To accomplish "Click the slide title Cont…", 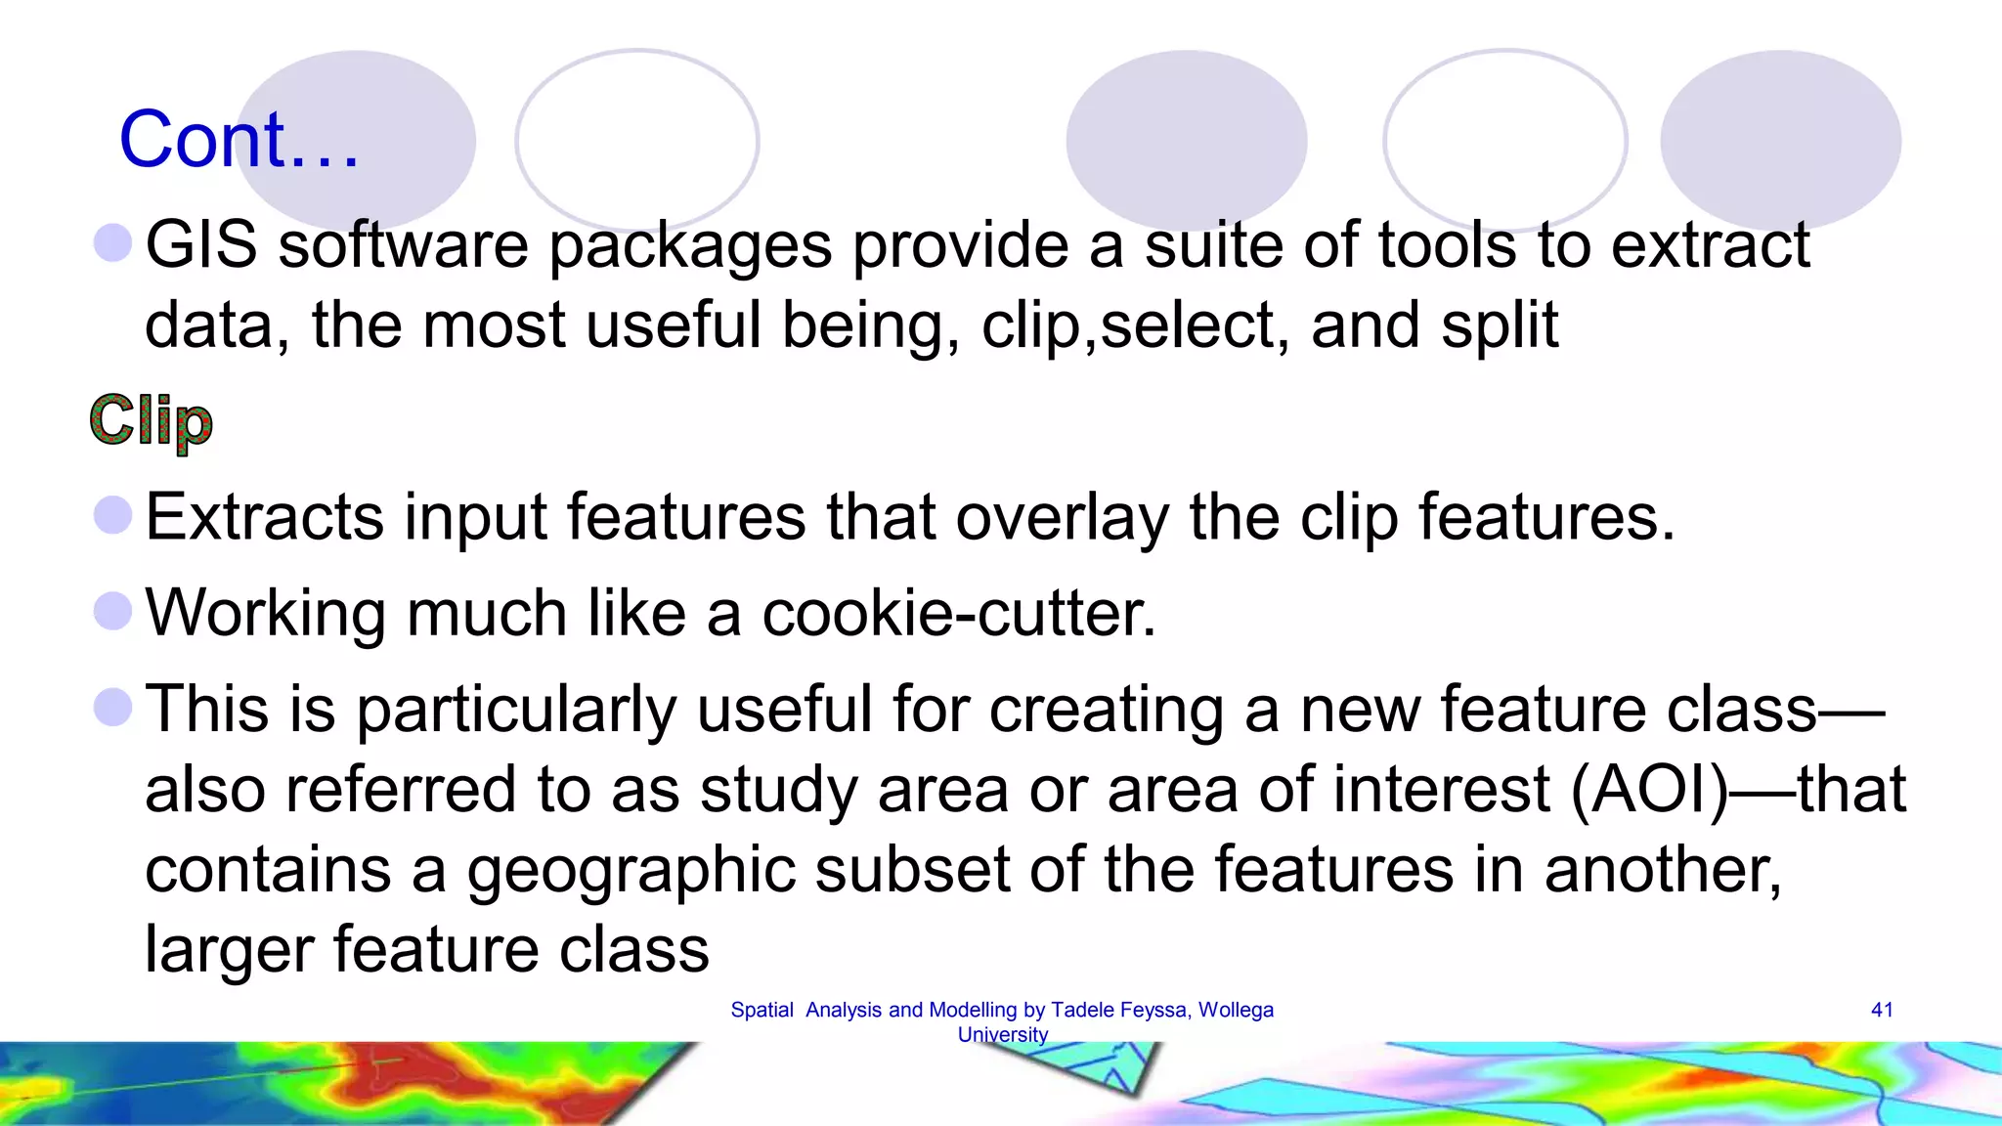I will [239, 140].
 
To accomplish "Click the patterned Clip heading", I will [151, 420].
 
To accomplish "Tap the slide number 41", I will [1882, 1010].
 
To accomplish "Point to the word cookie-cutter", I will [958, 613].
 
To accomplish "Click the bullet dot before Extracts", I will [113, 515].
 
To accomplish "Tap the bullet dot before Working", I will [113, 611].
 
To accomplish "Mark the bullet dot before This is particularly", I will [113, 707].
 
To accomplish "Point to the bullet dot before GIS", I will [113, 242].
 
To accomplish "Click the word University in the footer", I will [1002, 1034].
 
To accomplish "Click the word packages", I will [690, 245].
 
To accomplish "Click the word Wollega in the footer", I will [1236, 1010].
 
